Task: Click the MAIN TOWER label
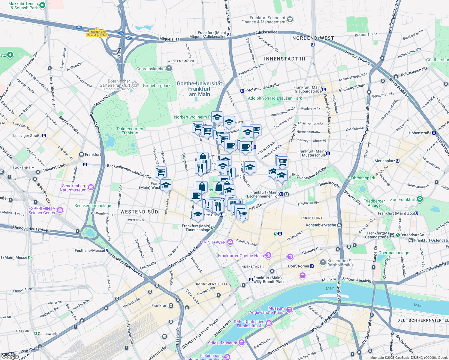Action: click(213, 242)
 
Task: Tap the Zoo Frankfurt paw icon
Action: click(420, 199)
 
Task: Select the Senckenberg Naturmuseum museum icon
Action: click(91, 187)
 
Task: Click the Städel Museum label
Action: click(222, 343)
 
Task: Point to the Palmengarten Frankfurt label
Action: click(130, 131)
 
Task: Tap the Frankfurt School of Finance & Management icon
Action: click(290, 20)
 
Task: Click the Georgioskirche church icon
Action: click(169, 69)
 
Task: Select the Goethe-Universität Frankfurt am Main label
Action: click(199, 89)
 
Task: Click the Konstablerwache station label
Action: click(321, 225)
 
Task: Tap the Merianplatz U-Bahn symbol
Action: click(398, 161)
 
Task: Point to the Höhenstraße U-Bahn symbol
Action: click(434, 133)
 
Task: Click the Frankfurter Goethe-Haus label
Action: click(241, 256)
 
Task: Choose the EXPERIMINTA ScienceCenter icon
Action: click(60, 210)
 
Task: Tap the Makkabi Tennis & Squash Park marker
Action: click(42, 5)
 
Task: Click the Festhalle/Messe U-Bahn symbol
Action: click(106, 250)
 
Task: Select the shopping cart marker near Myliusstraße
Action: click(161, 172)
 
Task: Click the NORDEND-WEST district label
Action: click(313, 38)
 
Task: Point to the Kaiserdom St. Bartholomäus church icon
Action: click(323, 262)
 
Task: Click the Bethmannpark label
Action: click(361, 178)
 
